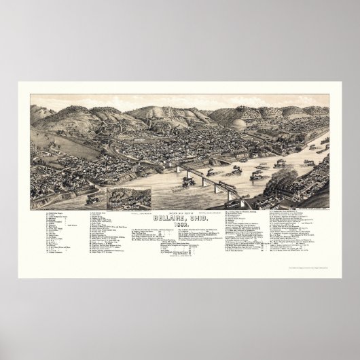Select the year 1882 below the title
click(180, 227)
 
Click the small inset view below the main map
click(129, 198)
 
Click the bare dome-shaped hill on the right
click(259, 124)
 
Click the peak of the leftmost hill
click(40, 107)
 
